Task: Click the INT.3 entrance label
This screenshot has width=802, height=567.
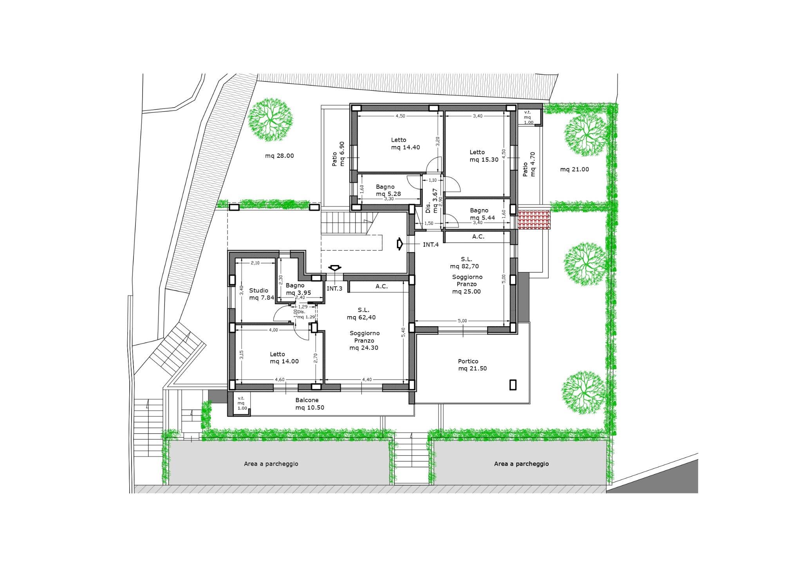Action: [x=334, y=289]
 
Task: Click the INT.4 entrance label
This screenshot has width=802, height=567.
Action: [x=431, y=245]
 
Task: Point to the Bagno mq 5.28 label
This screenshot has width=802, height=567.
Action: [x=388, y=190]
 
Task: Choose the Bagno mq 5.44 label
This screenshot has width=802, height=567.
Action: [x=482, y=214]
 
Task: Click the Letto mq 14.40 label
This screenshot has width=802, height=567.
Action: [x=405, y=144]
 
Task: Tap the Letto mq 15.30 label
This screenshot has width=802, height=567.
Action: [x=484, y=156]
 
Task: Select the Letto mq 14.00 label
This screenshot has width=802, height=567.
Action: [x=284, y=358]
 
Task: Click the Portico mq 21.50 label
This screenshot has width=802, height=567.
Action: [x=472, y=365]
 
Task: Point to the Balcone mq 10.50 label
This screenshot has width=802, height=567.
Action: [x=310, y=404]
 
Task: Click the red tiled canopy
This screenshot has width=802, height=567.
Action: [x=534, y=219]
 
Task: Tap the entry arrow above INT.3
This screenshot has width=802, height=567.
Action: [x=334, y=268]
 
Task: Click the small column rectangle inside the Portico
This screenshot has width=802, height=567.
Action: [x=513, y=385]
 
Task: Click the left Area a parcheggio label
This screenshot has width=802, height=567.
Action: [x=271, y=464]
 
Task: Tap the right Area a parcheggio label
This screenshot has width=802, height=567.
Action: [x=521, y=464]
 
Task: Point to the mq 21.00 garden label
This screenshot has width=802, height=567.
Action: [x=574, y=170]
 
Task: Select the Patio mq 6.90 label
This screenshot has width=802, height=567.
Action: [x=338, y=154]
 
